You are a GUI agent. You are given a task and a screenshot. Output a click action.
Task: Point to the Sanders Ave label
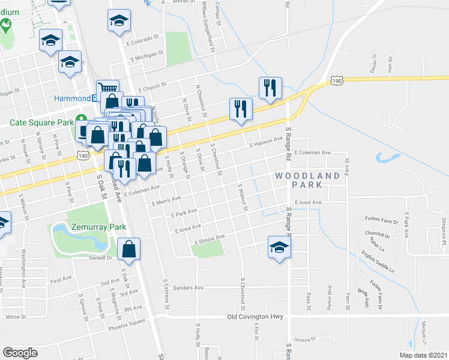coord(188,288)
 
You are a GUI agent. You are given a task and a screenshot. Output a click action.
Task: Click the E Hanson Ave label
coord(266,142)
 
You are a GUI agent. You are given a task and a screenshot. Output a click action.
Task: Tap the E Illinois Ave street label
coord(209,239)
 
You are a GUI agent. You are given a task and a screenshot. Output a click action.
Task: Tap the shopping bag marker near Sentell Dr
coord(128,249)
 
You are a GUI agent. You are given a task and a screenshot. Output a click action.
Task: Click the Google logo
coord(19,353)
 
